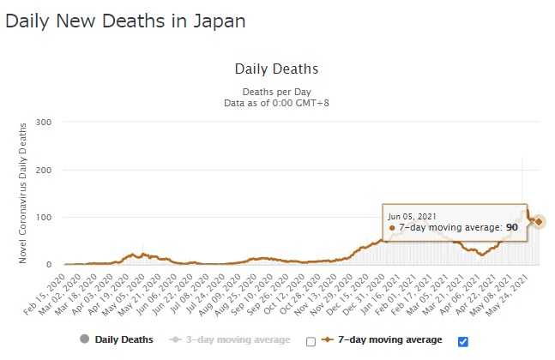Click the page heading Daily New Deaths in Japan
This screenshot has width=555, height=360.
125,21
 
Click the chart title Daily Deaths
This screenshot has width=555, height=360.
276,69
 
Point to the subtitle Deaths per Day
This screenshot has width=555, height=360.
276,90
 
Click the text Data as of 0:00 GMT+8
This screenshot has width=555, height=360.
276,102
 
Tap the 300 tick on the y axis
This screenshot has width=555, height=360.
45,123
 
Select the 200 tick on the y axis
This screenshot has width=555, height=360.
45,170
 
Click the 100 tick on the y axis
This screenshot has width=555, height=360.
45,218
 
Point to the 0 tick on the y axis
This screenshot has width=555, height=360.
50,265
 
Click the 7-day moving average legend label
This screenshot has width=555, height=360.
393,340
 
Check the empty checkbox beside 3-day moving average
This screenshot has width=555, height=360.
311,341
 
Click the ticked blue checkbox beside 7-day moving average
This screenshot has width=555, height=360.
463,341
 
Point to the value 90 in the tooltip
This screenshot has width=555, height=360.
510,227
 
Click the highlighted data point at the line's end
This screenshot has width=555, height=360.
540,223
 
